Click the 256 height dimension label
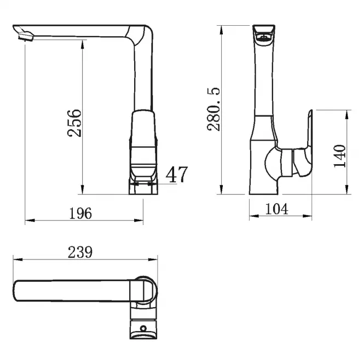point(74,123)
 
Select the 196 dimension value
point(80,213)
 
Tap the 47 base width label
point(176,175)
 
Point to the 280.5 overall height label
point(213,109)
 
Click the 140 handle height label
point(339,156)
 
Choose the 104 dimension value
point(276,209)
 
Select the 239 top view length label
point(80,252)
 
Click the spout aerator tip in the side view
point(25,37)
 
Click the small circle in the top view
point(143,328)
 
